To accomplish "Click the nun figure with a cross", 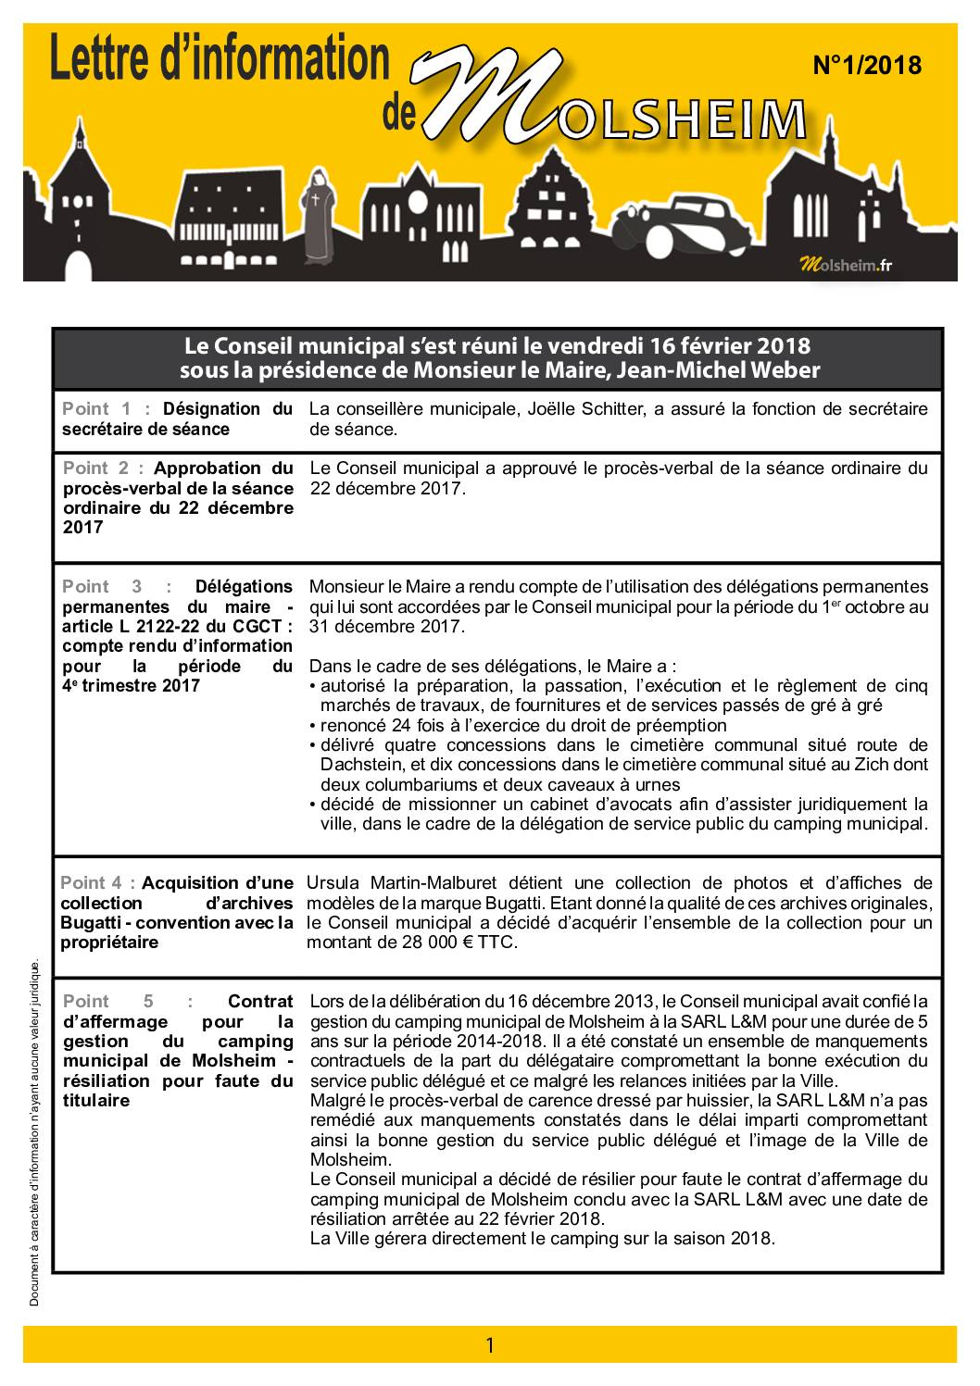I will pos(321,214).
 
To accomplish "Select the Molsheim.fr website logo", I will pos(845,265).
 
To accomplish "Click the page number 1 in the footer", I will pos(490,1344).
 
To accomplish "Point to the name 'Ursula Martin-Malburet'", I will pos(401,882).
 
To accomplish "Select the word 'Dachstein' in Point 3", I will pos(361,765).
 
